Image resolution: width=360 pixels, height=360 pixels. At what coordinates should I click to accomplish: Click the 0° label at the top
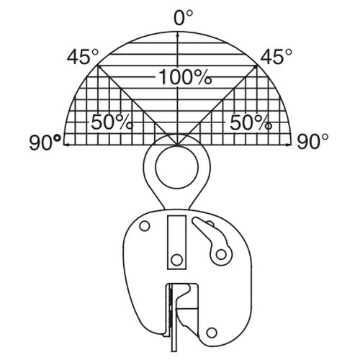click(x=183, y=18)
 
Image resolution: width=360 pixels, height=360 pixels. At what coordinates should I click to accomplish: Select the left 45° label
click(x=83, y=57)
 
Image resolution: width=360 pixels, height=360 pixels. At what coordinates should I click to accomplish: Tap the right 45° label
click(x=276, y=57)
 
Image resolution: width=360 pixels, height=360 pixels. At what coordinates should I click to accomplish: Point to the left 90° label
click(x=45, y=142)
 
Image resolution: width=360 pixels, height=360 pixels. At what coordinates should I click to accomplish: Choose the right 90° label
click(x=312, y=142)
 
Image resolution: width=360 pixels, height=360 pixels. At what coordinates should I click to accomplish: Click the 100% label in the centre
click(x=185, y=77)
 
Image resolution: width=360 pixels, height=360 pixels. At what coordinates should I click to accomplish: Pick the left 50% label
click(x=112, y=122)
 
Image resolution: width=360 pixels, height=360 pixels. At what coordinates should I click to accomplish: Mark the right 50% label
click(x=251, y=122)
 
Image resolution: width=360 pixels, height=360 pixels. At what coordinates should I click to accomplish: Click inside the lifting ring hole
click(x=177, y=167)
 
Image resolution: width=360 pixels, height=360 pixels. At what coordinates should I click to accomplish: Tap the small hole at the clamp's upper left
click(x=145, y=226)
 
